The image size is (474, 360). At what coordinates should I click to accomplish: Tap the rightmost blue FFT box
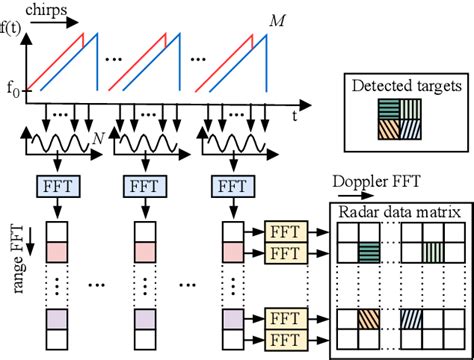tap(230, 186)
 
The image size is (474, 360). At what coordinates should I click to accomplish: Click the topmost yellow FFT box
tap(285, 228)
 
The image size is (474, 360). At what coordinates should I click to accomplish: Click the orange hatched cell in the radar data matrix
tap(369, 320)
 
